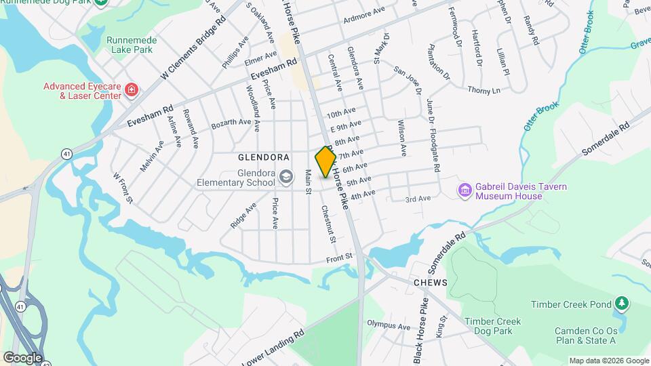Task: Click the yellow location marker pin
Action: [x=325, y=162]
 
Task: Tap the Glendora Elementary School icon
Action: [x=286, y=177]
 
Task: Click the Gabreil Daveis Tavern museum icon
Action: [x=465, y=191]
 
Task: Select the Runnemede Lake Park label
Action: [x=132, y=45]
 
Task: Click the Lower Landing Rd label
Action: [x=272, y=349]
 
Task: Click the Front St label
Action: [x=340, y=257]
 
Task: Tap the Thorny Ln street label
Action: [x=484, y=89]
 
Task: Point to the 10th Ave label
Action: [x=340, y=113]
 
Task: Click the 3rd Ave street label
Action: [x=418, y=199]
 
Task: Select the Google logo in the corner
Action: [x=22, y=357]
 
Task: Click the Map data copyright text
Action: [x=608, y=361]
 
